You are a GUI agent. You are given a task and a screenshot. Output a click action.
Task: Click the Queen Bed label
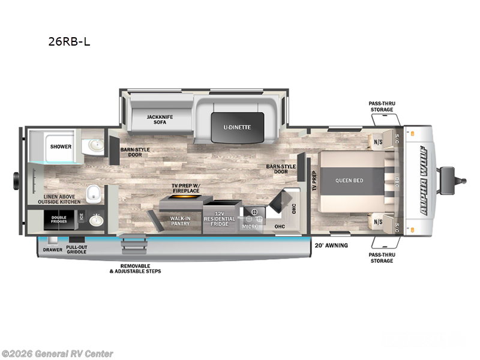[349, 181]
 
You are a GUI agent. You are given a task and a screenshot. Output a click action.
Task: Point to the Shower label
[61, 146]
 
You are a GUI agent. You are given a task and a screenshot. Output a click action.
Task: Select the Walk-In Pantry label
[180, 221]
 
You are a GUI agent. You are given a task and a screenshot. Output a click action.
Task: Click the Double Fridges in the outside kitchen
[58, 220]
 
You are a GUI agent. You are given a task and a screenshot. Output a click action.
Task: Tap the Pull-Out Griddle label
[76, 250]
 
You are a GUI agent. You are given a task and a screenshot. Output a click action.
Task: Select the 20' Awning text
[331, 245]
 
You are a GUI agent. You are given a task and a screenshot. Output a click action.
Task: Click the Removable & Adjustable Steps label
[135, 268]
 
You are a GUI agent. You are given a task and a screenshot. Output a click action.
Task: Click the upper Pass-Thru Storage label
[381, 106]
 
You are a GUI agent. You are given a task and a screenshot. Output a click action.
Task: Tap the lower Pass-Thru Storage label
[381, 257]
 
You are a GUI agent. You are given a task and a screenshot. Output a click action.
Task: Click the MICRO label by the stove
[250, 226]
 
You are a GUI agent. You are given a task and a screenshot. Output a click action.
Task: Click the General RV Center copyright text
[57, 353]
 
